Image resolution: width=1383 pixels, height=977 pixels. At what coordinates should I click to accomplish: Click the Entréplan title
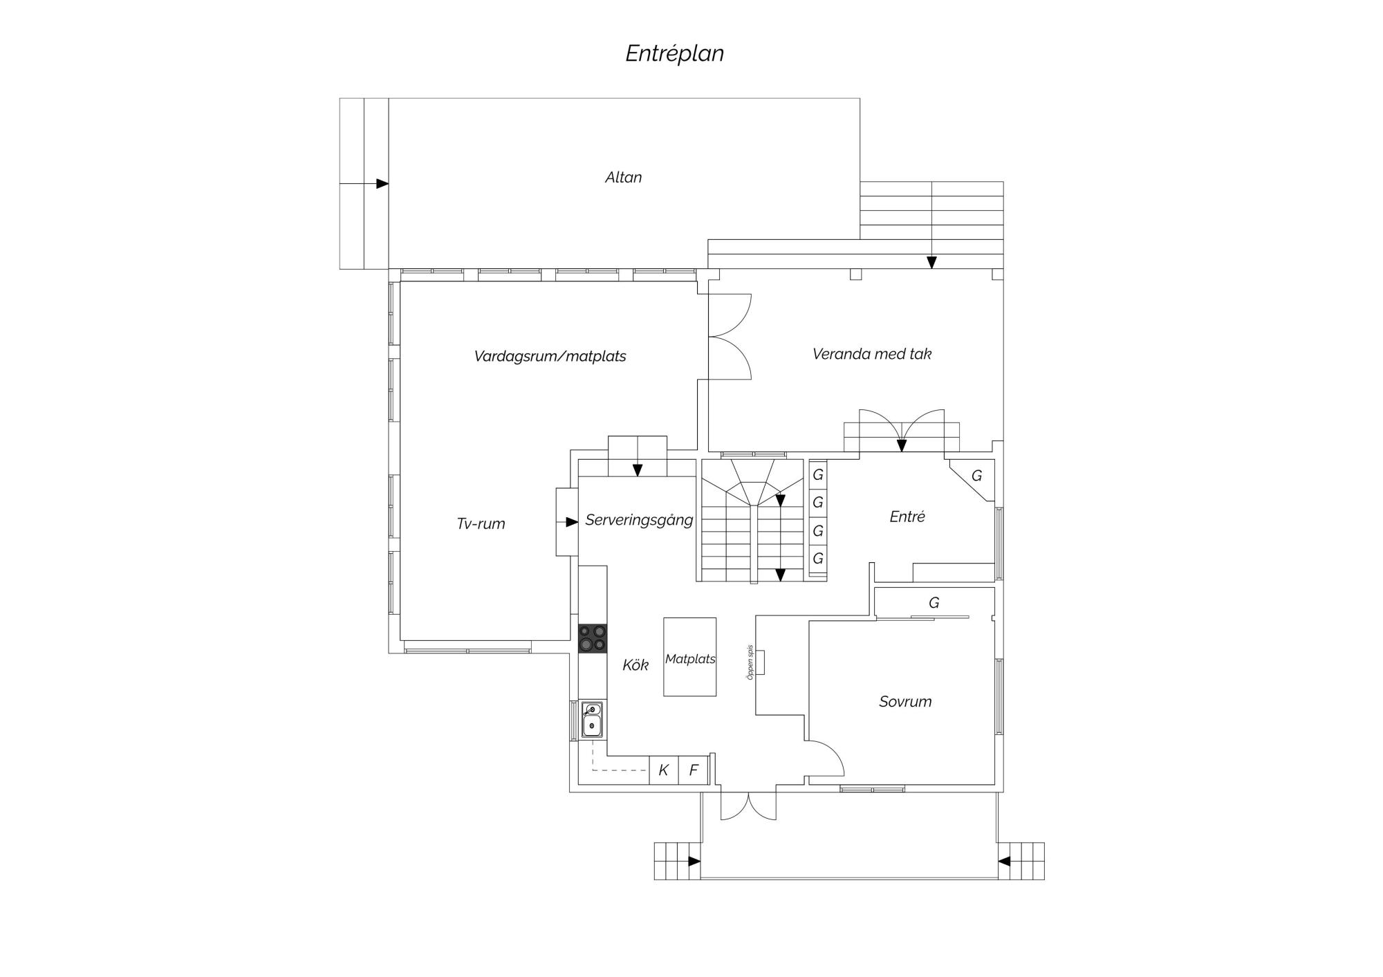[674, 54]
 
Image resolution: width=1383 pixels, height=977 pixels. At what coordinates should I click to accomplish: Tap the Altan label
[623, 178]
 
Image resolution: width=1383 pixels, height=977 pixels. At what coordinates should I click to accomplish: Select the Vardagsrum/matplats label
[550, 357]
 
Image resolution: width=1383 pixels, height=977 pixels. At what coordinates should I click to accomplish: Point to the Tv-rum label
[481, 524]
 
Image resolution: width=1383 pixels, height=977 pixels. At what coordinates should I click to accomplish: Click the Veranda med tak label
[872, 354]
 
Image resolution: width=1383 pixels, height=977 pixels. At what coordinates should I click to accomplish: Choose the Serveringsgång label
[639, 520]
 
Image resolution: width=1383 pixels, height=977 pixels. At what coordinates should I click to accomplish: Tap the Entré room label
[907, 517]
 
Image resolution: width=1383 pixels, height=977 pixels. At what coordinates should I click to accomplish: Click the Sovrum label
[905, 702]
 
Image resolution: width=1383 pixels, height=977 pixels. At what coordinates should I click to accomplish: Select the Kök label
[635, 665]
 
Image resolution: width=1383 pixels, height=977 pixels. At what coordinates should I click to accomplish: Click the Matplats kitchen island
[689, 657]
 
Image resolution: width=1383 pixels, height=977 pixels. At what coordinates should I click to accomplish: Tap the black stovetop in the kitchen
[593, 639]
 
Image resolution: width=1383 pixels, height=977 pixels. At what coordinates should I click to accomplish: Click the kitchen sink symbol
[592, 720]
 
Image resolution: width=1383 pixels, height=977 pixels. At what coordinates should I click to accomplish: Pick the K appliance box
[664, 770]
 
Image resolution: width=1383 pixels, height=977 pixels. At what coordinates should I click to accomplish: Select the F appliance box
[694, 770]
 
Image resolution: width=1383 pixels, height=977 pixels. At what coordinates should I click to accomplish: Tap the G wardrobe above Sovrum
[934, 602]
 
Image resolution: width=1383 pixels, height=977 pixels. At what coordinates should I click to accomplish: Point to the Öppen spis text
[750, 662]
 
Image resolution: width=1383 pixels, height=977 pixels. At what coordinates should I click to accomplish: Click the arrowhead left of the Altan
[382, 184]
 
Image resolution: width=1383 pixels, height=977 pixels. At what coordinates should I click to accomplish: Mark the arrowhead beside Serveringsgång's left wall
[572, 522]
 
